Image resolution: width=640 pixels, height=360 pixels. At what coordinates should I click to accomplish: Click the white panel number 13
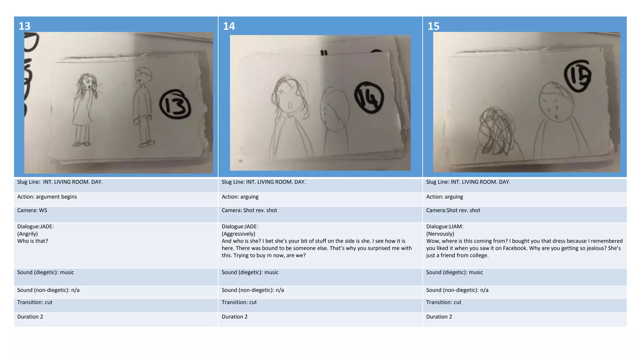pos(24,26)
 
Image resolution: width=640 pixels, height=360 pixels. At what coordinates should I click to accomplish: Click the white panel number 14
pos(229,26)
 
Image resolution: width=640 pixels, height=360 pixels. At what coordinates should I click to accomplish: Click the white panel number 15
pos(433,26)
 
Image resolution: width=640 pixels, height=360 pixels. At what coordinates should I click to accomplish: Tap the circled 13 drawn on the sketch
pos(175,104)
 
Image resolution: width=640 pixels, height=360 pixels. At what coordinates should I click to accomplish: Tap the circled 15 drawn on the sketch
pos(577,76)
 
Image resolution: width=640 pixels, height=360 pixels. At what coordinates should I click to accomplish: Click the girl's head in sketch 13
pos(88,82)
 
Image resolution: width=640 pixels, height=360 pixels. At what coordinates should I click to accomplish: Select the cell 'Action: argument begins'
pos(47,197)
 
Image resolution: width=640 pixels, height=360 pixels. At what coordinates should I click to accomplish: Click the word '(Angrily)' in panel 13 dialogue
pos(27,234)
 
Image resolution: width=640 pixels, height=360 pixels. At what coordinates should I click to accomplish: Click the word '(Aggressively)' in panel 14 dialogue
pos(238,234)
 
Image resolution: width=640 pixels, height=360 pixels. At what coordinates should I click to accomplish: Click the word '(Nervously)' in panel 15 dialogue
pos(440,234)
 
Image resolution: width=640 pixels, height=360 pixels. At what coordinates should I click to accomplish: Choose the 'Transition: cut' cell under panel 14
pos(239,302)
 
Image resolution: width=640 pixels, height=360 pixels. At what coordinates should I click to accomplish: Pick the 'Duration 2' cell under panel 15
pos(439,317)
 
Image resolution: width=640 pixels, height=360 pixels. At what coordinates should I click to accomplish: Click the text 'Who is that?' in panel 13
pos(32,241)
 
